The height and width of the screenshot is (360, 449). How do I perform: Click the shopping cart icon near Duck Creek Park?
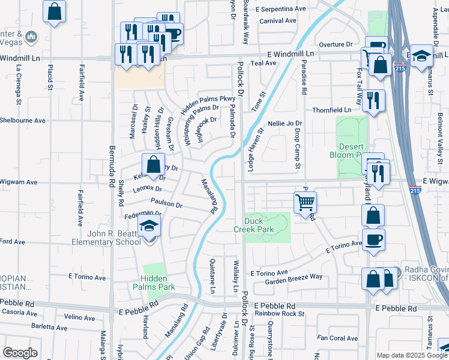point(306,203)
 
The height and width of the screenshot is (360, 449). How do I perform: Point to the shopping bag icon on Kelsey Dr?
point(154,164)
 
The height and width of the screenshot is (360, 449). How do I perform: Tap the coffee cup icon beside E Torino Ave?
point(373,240)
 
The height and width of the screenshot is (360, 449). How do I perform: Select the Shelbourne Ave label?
point(23,120)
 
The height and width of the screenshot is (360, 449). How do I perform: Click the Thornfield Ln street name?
point(331,110)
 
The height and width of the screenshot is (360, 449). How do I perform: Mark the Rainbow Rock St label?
point(279,313)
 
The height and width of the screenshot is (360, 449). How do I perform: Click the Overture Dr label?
point(336,44)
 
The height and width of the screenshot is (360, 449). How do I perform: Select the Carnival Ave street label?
point(278,20)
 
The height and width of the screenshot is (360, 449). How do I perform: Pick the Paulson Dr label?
point(166,203)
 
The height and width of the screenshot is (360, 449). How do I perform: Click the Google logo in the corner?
point(20,353)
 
